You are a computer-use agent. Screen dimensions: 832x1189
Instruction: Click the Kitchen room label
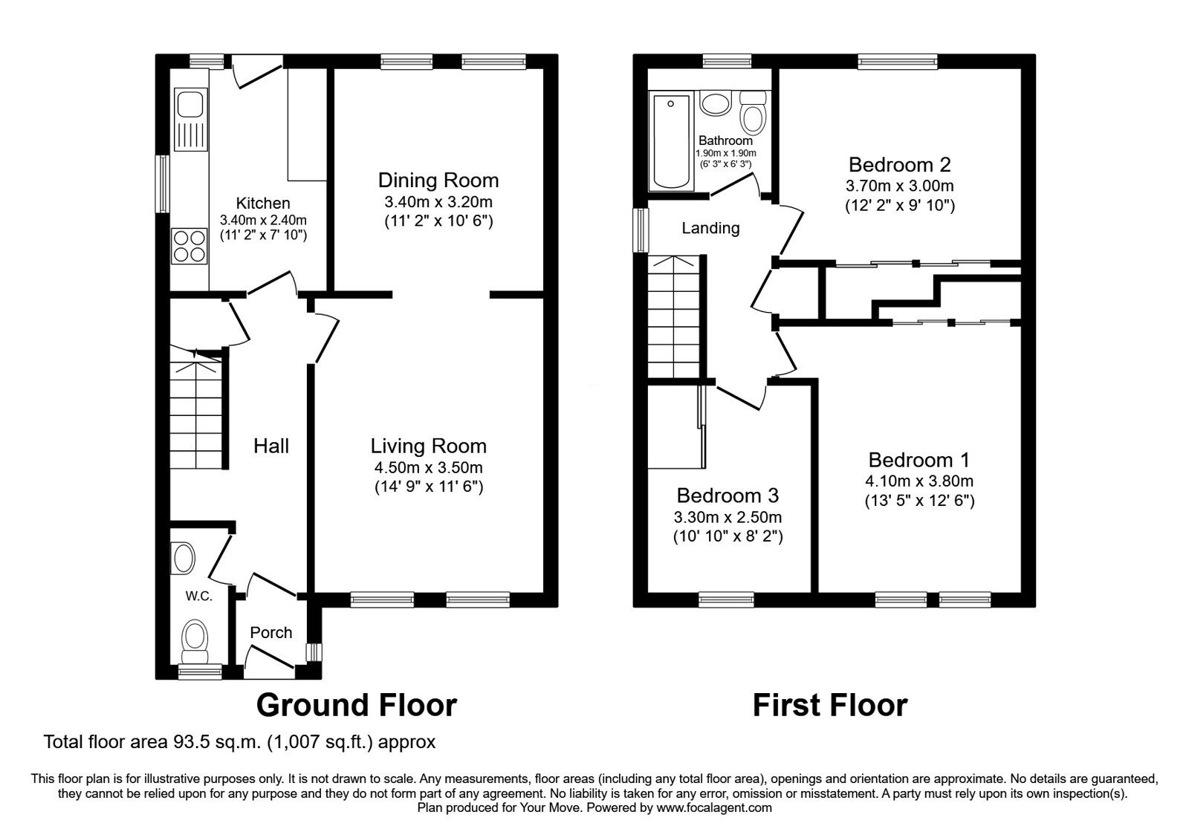point(263,203)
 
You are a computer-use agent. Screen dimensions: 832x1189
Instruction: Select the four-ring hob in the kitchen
point(189,246)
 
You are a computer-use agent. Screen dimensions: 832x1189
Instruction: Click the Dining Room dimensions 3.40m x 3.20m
point(438,201)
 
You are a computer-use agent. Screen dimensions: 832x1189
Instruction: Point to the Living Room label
point(428,446)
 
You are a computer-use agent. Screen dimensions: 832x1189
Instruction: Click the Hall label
point(271,446)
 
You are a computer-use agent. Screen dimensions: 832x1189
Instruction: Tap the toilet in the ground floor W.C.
point(195,640)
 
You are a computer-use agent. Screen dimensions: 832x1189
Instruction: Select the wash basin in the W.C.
point(183,557)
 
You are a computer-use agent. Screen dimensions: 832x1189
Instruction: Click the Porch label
point(271,632)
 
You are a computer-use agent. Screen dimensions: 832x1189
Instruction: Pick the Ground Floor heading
point(356,704)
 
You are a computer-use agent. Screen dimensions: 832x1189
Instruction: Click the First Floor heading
point(830,704)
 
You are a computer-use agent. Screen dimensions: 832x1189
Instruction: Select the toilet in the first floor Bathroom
point(754,112)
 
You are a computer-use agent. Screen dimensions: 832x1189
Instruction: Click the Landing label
point(710,228)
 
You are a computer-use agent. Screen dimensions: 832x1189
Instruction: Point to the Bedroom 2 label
point(900,164)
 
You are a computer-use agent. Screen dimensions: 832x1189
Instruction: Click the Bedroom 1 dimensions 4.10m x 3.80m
point(919,481)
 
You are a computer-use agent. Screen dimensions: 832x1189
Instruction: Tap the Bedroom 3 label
point(728,495)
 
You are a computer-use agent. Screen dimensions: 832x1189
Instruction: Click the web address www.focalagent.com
point(714,807)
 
